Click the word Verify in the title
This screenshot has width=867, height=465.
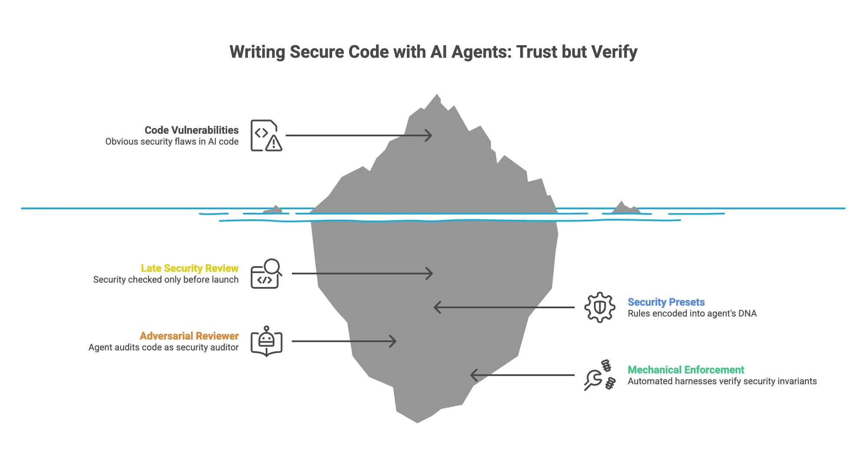(614, 52)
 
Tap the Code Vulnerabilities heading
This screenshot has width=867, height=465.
(191, 130)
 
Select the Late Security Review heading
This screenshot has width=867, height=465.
(190, 268)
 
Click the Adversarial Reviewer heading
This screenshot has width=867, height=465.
(189, 336)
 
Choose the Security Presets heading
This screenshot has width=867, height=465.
(666, 302)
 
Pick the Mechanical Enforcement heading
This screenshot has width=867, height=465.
(686, 370)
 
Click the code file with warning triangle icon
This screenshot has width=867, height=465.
(266, 135)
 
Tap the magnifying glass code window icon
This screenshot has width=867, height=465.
(266, 274)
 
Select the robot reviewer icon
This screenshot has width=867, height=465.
(266, 341)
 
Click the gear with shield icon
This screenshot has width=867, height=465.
(600, 307)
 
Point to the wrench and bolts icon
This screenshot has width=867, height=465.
(600, 375)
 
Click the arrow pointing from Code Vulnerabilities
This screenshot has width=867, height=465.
(359, 135)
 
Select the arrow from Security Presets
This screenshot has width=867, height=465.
(504, 307)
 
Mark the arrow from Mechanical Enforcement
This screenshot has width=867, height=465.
(522, 375)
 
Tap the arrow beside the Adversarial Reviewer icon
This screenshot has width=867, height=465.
(344, 341)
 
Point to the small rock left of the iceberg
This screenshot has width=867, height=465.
(273, 210)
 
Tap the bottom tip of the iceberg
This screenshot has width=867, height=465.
(417, 422)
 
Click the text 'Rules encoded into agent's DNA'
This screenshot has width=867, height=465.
(692, 313)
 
